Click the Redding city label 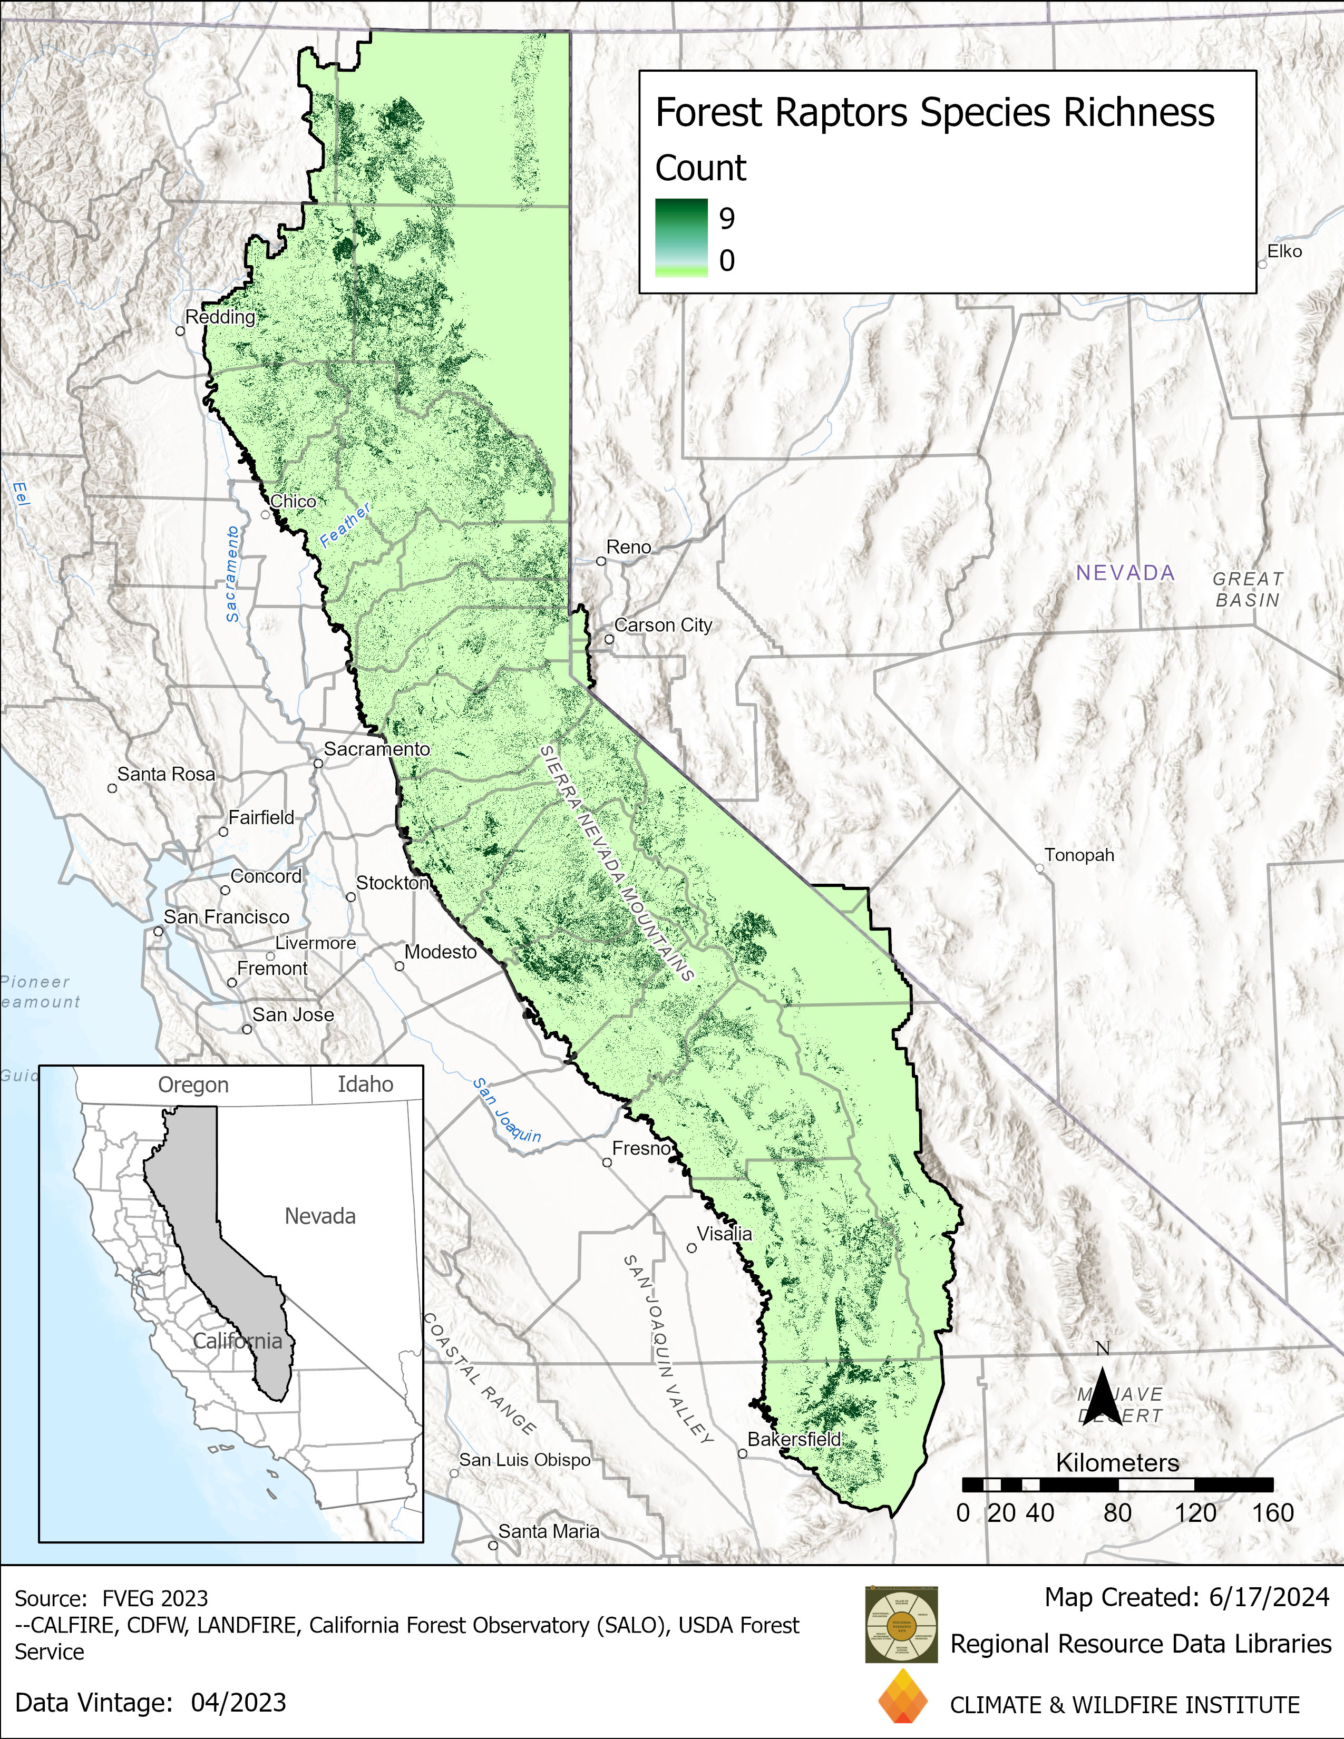pyautogui.click(x=220, y=317)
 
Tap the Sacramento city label pyautogui.click(x=377, y=749)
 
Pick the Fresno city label pyautogui.click(x=641, y=1148)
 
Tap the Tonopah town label pyautogui.click(x=1079, y=855)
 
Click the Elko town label pyautogui.click(x=1284, y=251)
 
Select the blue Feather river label pyautogui.click(x=345, y=525)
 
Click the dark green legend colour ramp pyautogui.click(x=681, y=237)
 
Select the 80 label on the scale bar pyautogui.click(x=1117, y=1513)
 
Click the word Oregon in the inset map pyautogui.click(x=193, y=1085)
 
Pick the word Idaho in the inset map pyautogui.click(x=365, y=1085)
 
